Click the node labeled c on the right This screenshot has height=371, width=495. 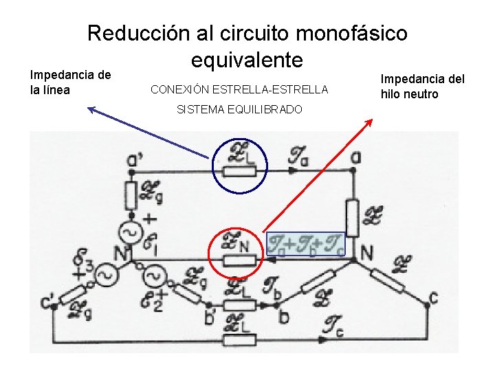point(432,297)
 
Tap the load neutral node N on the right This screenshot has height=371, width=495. point(366,253)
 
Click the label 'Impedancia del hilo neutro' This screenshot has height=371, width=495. point(423,87)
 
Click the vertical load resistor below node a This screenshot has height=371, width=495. point(353,217)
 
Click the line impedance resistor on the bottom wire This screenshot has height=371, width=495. point(239,339)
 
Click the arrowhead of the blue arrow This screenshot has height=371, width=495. point(91,108)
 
